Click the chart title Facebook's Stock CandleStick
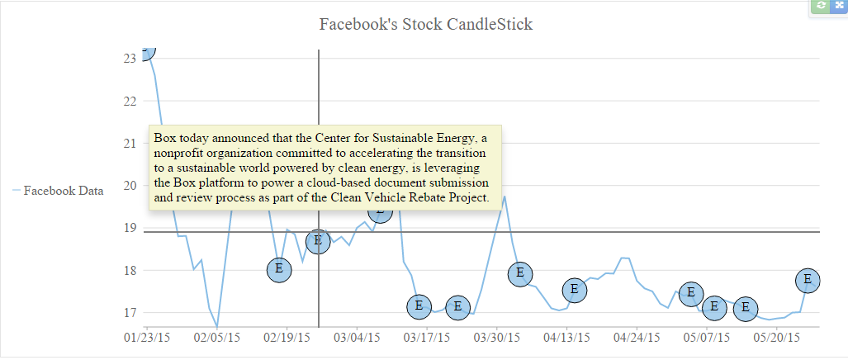pos(425,24)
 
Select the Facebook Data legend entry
pos(63,192)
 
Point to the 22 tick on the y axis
pos(130,101)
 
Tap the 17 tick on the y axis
pos(130,313)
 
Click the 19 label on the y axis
pos(130,228)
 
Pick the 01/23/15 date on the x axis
pos(147,338)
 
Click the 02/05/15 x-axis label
pos(217,338)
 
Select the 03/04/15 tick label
pos(357,338)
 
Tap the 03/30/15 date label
pos(497,338)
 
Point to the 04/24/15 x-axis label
pos(637,338)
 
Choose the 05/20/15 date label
pos(776,338)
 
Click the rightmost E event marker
pos(808,281)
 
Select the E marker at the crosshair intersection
pos(318,241)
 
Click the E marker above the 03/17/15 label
pos(419,306)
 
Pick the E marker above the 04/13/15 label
pos(575,290)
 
